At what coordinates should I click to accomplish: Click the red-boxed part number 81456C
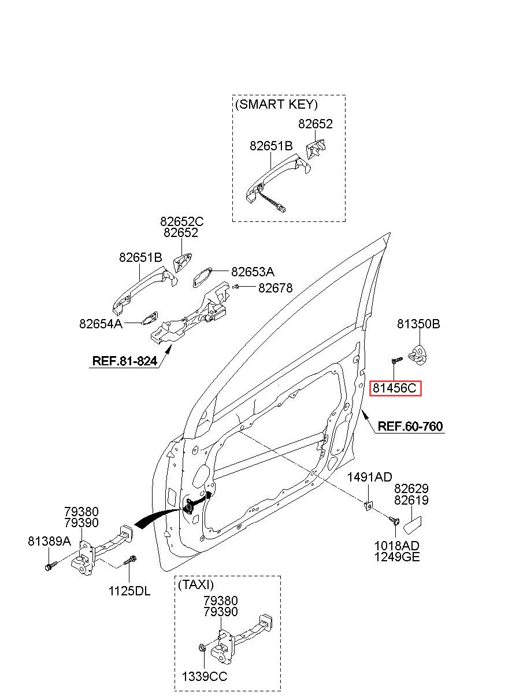pos(395,388)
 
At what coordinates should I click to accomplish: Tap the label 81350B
pos(418,324)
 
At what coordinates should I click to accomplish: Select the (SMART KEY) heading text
pos(276,104)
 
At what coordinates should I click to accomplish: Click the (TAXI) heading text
pos(196,584)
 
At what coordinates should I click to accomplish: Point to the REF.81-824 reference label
pos(125,361)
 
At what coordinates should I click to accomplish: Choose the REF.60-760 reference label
pos(410,426)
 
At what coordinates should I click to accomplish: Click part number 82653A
pos(253,272)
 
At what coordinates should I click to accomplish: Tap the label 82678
pos(276,288)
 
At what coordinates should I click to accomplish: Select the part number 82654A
pos(101,324)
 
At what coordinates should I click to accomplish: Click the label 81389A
pos(49,541)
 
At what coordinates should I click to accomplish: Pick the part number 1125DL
pos(129,591)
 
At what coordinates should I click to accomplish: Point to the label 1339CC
pos(205,676)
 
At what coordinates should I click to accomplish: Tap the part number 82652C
pos(182,221)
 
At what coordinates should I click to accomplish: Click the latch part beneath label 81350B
pos(418,355)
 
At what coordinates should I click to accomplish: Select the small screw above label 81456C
pos(396,360)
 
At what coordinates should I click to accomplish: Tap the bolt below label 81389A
pos(51,566)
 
